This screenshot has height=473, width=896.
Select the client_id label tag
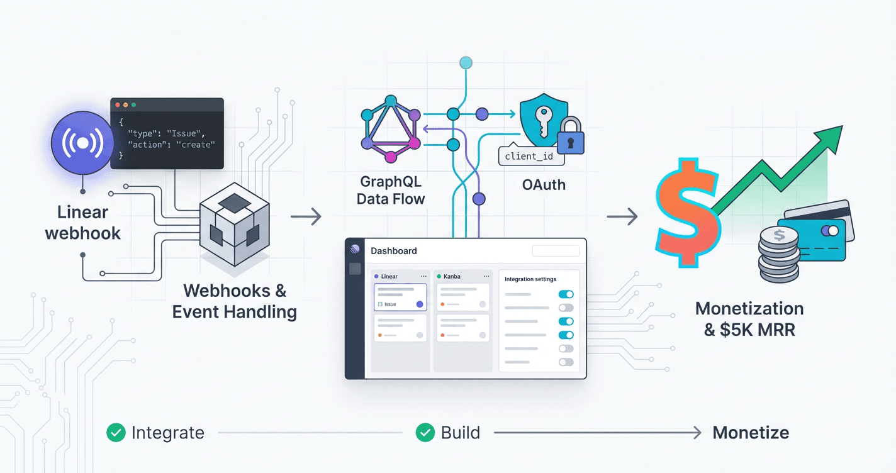click(x=530, y=156)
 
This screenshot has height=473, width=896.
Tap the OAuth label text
click(x=544, y=185)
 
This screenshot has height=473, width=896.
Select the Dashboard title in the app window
click(x=394, y=251)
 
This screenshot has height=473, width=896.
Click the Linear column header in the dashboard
click(x=389, y=276)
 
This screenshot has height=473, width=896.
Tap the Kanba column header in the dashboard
click(x=451, y=276)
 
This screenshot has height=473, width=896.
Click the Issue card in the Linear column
click(x=400, y=297)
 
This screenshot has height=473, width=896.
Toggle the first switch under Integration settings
click(x=566, y=294)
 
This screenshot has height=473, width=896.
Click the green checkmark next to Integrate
click(x=116, y=433)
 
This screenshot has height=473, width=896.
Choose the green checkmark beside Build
click(x=425, y=433)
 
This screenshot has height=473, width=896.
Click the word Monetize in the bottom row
click(x=751, y=433)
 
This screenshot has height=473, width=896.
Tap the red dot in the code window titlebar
click(x=118, y=104)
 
